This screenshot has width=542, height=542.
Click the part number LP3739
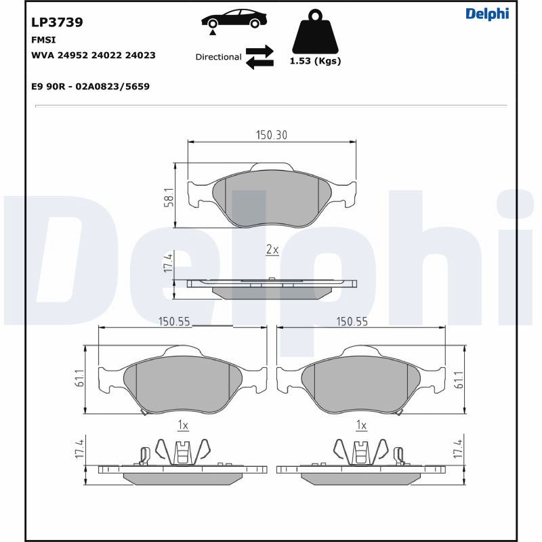[57, 22]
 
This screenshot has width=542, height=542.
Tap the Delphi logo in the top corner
[487, 14]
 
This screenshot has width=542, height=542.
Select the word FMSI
[43, 40]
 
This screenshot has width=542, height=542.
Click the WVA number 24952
[73, 56]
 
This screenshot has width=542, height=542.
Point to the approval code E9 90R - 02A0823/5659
[90, 86]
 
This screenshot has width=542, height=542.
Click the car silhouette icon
[234, 19]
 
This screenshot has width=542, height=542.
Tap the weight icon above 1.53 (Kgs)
[315, 31]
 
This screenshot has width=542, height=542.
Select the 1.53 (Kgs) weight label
[315, 61]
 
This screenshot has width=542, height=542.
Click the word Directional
[218, 57]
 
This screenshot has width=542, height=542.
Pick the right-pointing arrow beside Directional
[259, 51]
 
